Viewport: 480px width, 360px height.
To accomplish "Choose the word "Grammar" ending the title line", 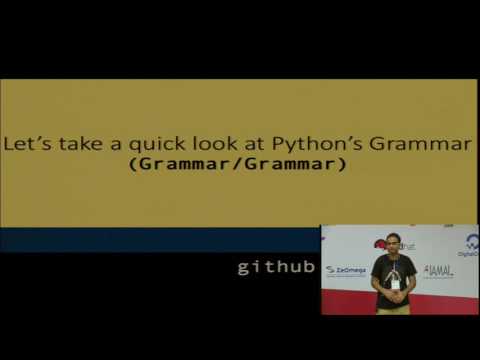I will pos(420,144).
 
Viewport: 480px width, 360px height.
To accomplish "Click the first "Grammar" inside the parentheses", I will pos(184,164).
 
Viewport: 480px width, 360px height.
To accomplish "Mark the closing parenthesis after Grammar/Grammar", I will pos(343,164).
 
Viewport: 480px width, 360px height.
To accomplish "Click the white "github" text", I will pos(276,267).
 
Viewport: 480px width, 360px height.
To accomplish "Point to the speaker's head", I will pos(392,243).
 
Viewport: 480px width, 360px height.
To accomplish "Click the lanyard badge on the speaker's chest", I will pos(395,282).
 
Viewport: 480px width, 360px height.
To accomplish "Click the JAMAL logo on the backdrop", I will pos(438,270).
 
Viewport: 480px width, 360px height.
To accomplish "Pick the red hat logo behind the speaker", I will pos(381,243).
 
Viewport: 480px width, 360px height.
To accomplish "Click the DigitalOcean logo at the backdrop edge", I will pos(469,245).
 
